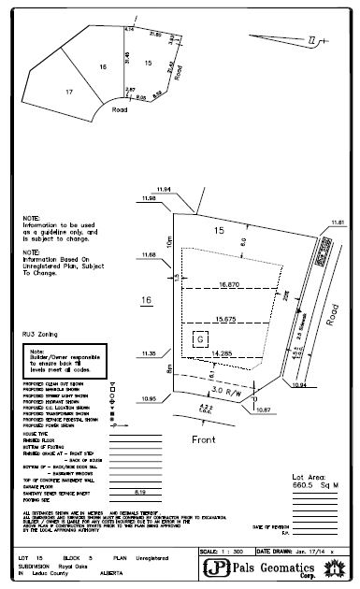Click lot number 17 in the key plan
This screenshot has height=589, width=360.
point(69,93)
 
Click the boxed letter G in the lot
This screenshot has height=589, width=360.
point(198,340)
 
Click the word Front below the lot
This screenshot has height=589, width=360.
point(203,438)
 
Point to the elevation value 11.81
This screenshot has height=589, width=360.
point(338,222)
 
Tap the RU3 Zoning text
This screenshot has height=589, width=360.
point(40,332)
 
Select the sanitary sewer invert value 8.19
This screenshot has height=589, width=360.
point(141,491)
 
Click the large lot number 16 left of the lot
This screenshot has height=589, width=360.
point(146,300)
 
